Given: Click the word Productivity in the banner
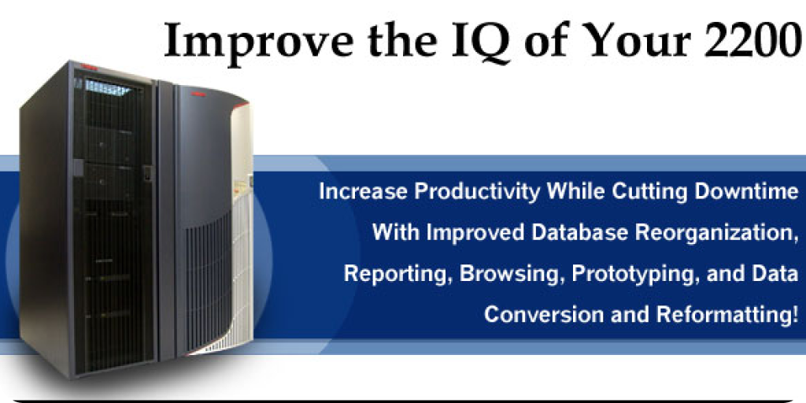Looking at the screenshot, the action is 477,192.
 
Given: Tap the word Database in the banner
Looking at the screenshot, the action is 579,232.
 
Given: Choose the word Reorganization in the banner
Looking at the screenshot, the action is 714,233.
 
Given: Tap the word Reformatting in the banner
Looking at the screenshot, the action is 727,314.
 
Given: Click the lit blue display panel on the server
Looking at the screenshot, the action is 107,88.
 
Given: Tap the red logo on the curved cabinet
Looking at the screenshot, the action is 198,94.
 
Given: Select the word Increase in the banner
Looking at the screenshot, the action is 364,192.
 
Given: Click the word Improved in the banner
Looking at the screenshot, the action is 475,233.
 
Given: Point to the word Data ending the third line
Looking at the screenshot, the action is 775,273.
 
